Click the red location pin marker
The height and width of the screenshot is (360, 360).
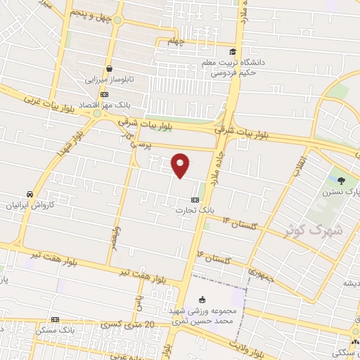point(181,165)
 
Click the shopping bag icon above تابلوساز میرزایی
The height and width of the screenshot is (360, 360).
point(110,68)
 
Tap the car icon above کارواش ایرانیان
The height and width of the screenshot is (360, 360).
point(30,194)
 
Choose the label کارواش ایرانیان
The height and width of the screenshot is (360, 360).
point(30,206)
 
